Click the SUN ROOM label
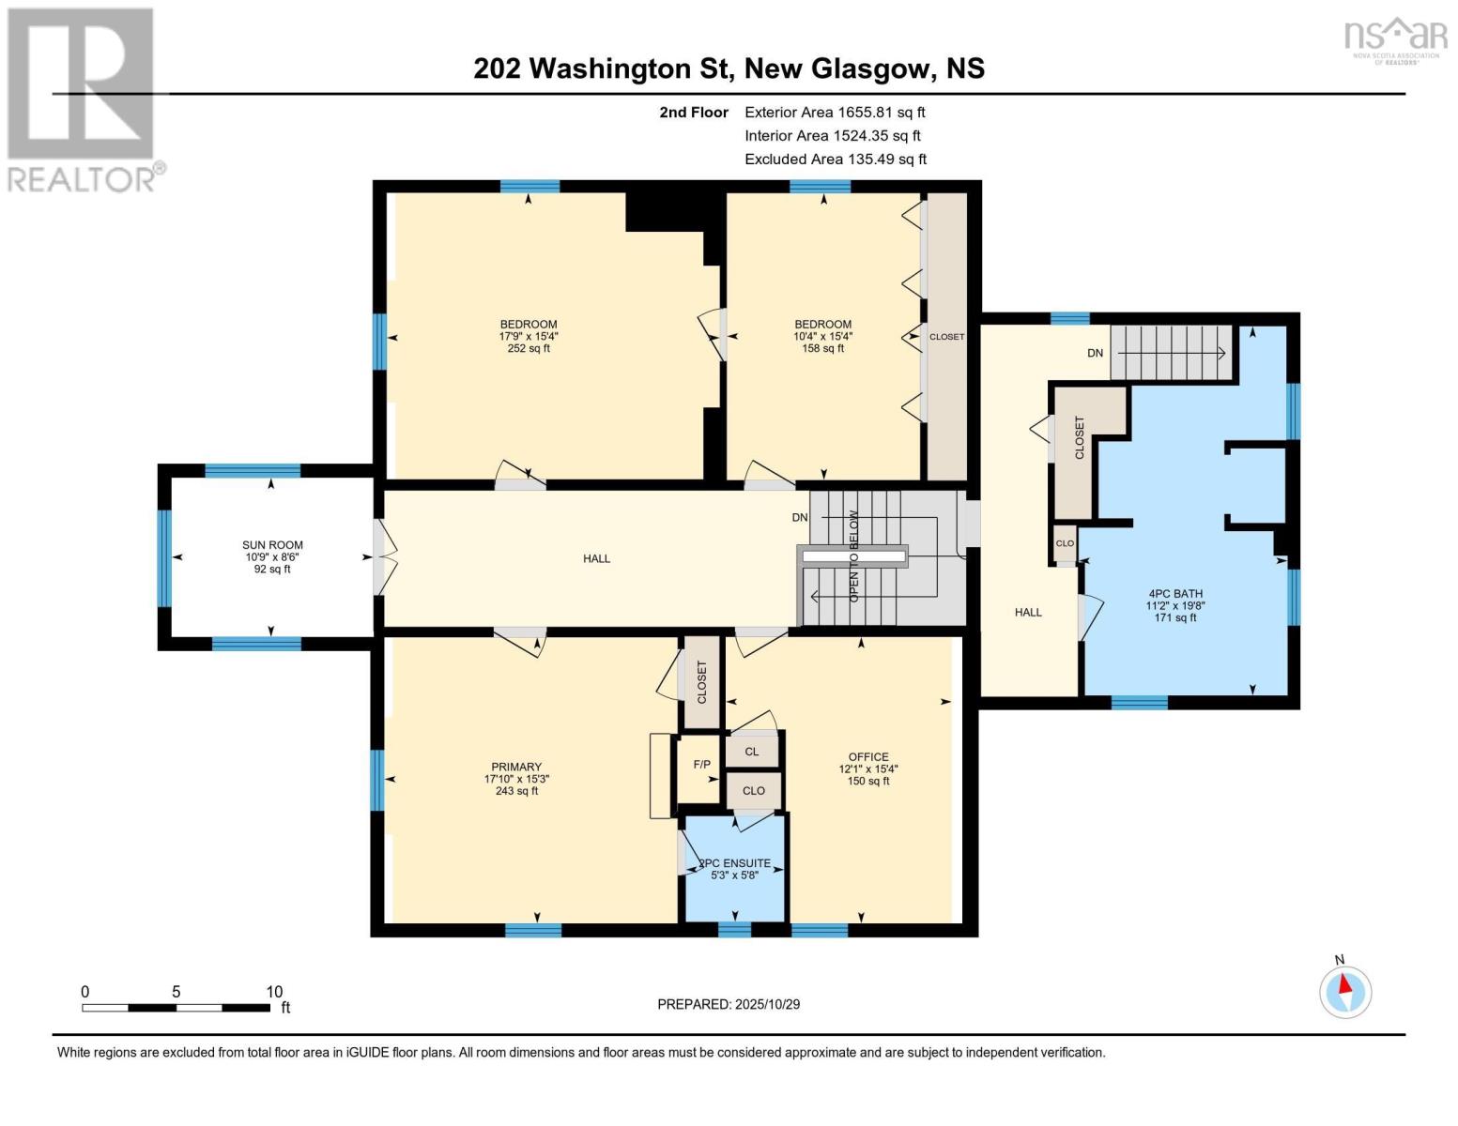pos(272,545)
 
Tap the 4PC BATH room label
pos(1174,594)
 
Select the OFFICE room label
pos(867,757)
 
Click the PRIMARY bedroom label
pos(515,767)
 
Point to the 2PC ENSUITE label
pos(734,863)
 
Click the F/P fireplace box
pos(701,765)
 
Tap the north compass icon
pos(1345,991)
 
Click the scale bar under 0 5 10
pos(176,1008)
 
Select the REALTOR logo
pos(83,99)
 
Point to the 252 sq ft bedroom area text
pos(529,348)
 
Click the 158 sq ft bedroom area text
pos(822,348)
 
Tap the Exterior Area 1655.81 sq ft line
pos(835,112)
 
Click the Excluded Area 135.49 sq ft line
pos(835,160)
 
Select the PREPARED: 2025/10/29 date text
pos(728,1004)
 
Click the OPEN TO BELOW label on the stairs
pos(853,555)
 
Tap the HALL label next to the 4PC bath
pos(1028,612)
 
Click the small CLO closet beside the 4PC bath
pos(1065,543)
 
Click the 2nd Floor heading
pos(693,112)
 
